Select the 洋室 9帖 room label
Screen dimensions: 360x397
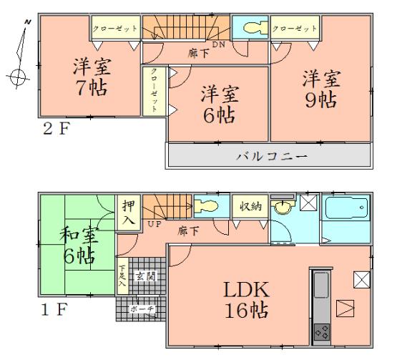point(320,87)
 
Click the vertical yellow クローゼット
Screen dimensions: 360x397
point(151,89)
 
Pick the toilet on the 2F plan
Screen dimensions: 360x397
point(253,29)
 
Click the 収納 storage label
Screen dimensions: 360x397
point(250,205)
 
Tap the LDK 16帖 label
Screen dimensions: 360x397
point(238,301)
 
